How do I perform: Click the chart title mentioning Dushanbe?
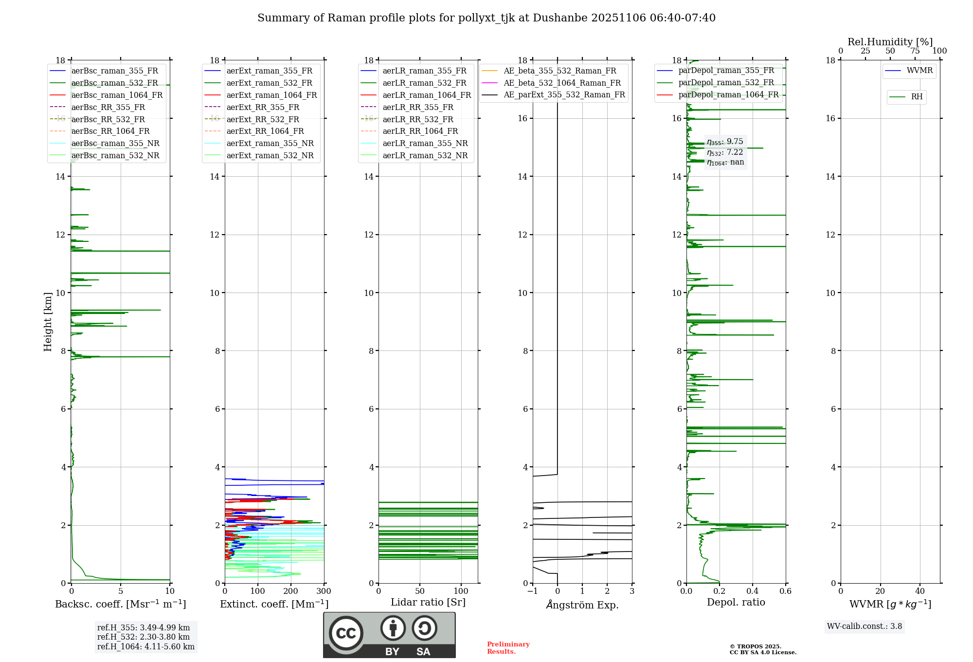pyautogui.click(x=486, y=18)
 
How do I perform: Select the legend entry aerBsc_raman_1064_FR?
pyautogui.click(x=117, y=95)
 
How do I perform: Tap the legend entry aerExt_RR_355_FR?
pyautogui.click(x=263, y=107)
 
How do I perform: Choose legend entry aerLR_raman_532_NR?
pyautogui.click(x=425, y=156)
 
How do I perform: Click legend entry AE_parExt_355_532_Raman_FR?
pyautogui.click(x=564, y=95)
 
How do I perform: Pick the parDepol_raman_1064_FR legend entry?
pyautogui.click(x=728, y=95)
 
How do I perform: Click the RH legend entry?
pyautogui.click(x=917, y=97)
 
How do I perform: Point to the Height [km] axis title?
pyautogui.click(x=48, y=321)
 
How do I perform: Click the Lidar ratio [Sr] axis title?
pyautogui.click(x=428, y=602)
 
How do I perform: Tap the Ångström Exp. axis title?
pyautogui.click(x=582, y=605)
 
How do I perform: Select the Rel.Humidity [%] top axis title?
pyautogui.click(x=890, y=42)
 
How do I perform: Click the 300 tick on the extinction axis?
pyautogui.click(x=324, y=591)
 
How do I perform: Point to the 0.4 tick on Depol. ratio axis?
pyautogui.click(x=753, y=591)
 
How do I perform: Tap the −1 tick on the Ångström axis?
pyautogui.click(x=533, y=591)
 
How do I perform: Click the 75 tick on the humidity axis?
pyautogui.click(x=915, y=51)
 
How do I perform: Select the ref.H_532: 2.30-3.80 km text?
pyautogui.click(x=144, y=637)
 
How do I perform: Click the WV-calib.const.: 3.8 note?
pyautogui.click(x=865, y=626)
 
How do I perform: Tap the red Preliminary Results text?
pyautogui.click(x=508, y=648)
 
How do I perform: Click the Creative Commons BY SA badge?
pyautogui.click(x=389, y=635)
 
